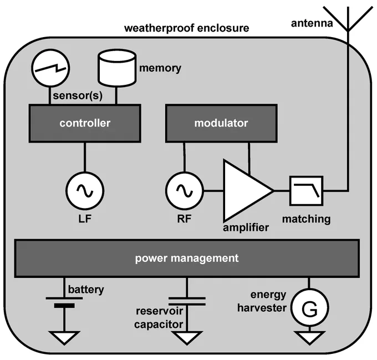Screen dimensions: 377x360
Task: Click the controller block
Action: tap(85, 123)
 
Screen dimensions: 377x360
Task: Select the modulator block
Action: tap(221, 123)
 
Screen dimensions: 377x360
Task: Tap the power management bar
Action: tap(187, 258)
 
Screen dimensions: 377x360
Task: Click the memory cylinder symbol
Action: tap(117, 68)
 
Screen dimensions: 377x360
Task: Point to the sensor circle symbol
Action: tap(50, 68)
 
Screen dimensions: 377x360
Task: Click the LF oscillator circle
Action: tap(85, 191)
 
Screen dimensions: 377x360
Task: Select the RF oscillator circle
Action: tap(185, 191)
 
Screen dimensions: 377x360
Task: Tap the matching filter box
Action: tap(306, 191)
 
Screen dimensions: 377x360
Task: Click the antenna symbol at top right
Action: tap(348, 19)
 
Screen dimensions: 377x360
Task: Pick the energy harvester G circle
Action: tap(309, 308)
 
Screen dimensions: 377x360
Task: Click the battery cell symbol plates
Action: tap(64, 302)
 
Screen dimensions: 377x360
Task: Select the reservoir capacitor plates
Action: tap(187, 301)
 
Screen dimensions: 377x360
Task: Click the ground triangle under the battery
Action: tap(64, 337)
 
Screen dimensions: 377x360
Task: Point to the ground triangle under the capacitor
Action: tap(187, 337)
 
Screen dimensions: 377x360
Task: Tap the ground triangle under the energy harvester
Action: tap(309, 337)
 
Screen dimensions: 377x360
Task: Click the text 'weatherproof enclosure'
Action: tap(187, 28)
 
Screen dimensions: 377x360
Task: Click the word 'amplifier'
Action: tap(246, 227)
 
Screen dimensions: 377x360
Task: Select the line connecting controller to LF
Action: tap(85, 157)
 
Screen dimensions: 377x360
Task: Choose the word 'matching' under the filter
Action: tap(306, 219)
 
